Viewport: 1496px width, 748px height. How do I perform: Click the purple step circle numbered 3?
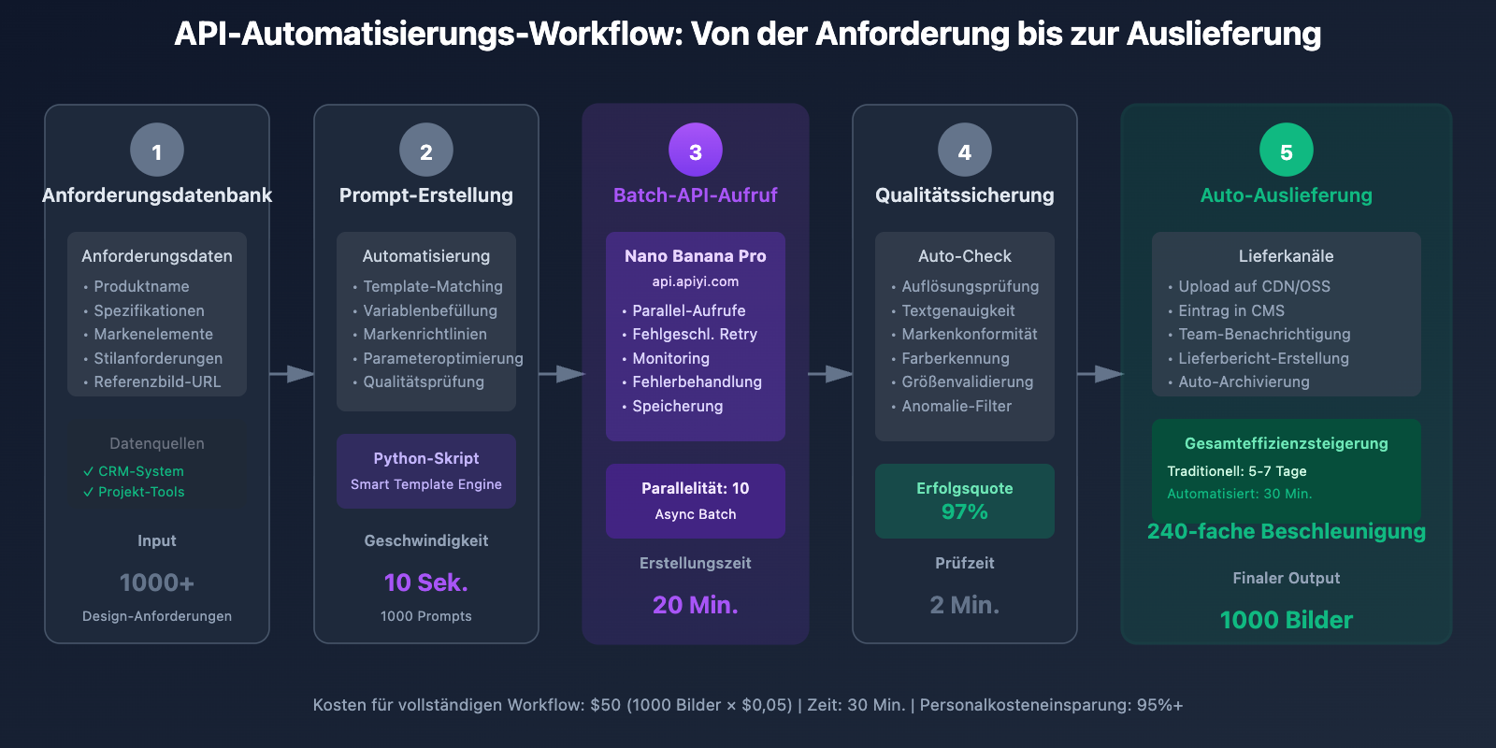[696, 150]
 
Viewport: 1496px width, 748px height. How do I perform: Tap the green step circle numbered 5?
[1286, 150]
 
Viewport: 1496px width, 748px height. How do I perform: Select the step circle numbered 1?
[157, 150]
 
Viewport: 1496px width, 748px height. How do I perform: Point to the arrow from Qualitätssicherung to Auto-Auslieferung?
[1100, 374]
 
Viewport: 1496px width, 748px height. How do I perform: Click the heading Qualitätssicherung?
[964, 195]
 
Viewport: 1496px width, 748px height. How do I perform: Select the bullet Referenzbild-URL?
[157, 381]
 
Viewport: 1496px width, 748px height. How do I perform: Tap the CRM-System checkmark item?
[140, 471]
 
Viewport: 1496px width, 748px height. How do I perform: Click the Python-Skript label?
[426, 458]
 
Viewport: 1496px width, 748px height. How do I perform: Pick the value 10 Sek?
[426, 583]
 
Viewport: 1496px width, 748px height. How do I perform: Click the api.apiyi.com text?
[696, 281]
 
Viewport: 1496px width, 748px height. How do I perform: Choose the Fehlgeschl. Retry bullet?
[695, 334]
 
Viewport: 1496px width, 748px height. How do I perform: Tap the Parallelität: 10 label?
[696, 488]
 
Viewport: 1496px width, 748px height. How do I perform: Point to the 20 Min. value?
[696, 605]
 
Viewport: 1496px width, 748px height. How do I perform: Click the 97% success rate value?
[964, 511]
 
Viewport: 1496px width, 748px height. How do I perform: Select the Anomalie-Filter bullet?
[957, 406]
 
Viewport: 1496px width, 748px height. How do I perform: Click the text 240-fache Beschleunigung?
[1286, 531]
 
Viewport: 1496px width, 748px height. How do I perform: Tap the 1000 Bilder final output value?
[1286, 620]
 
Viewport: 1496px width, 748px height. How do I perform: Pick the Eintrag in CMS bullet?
[1231, 310]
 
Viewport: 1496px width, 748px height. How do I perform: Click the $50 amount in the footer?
[605, 705]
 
